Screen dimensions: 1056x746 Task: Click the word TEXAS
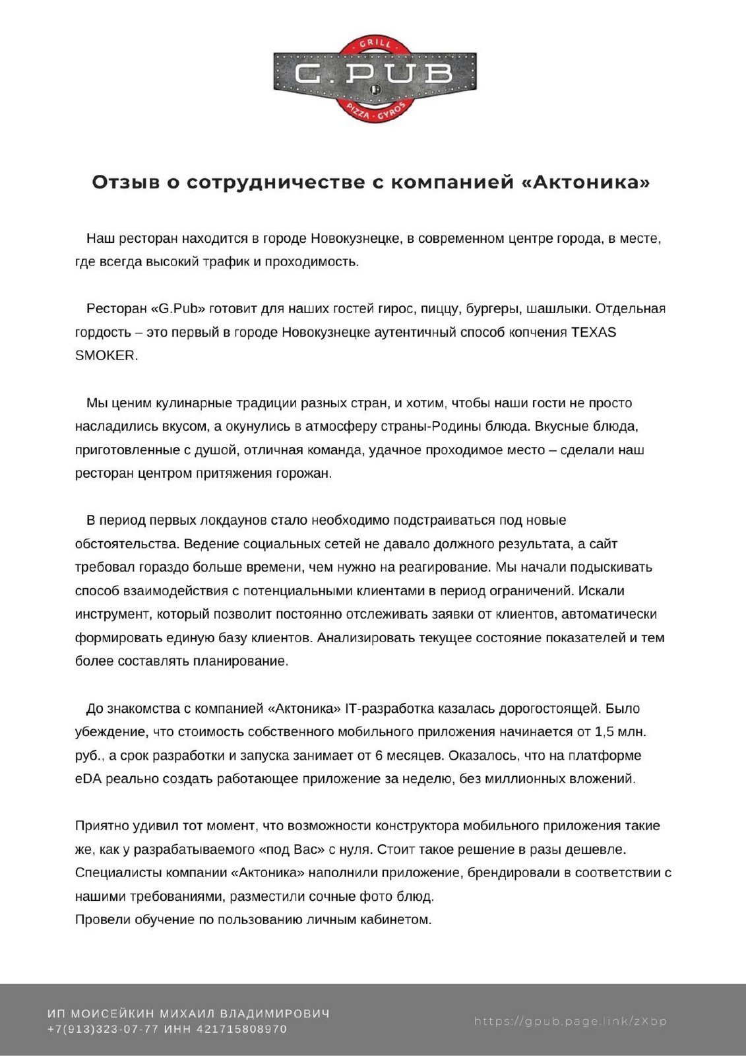pyautogui.click(x=594, y=333)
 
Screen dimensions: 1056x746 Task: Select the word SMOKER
pyautogui.click(x=106, y=356)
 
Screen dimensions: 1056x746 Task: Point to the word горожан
pyautogui.click(x=303, y=474)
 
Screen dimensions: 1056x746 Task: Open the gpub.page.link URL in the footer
pyautogui.click(x=571, y=1022)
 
